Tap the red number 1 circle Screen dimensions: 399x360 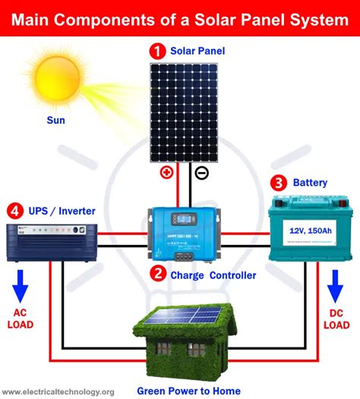(156, 52)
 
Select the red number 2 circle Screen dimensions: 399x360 (156, 275)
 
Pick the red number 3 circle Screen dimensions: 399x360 (279, 182)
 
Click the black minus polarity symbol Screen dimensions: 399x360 (201, 173)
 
